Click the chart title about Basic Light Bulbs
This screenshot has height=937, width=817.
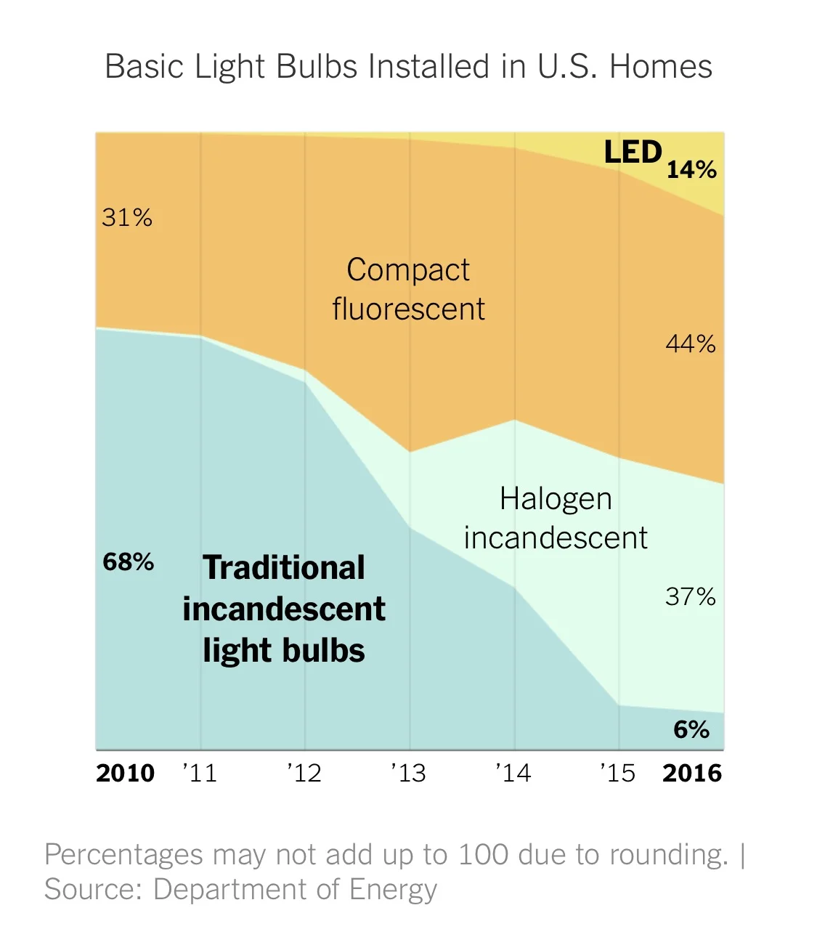(408, 67)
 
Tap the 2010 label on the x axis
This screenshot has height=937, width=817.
(125, 773)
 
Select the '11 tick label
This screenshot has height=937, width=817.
(200, 773)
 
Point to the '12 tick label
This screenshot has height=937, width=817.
(304, 773)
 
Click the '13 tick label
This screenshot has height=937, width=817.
(409, 773)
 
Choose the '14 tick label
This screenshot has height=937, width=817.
(513, 773)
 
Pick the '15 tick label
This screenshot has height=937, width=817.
(618, 773)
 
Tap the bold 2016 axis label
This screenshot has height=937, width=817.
(692, 773)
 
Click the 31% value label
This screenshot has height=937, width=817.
(127, 217)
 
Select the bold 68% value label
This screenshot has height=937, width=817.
(129, 561)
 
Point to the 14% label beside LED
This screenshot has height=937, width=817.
(691, 170)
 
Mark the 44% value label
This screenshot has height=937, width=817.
(691, 343)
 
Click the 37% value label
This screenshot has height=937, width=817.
(691, 596)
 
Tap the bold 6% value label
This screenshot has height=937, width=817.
(691, 729)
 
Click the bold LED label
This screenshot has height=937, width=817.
(633, 153)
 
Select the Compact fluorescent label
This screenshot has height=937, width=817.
(408, 289)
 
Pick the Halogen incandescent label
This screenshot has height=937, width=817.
(556, 518)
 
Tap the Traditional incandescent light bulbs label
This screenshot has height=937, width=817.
(284, 609)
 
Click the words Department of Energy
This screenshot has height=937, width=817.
(296, 889)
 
